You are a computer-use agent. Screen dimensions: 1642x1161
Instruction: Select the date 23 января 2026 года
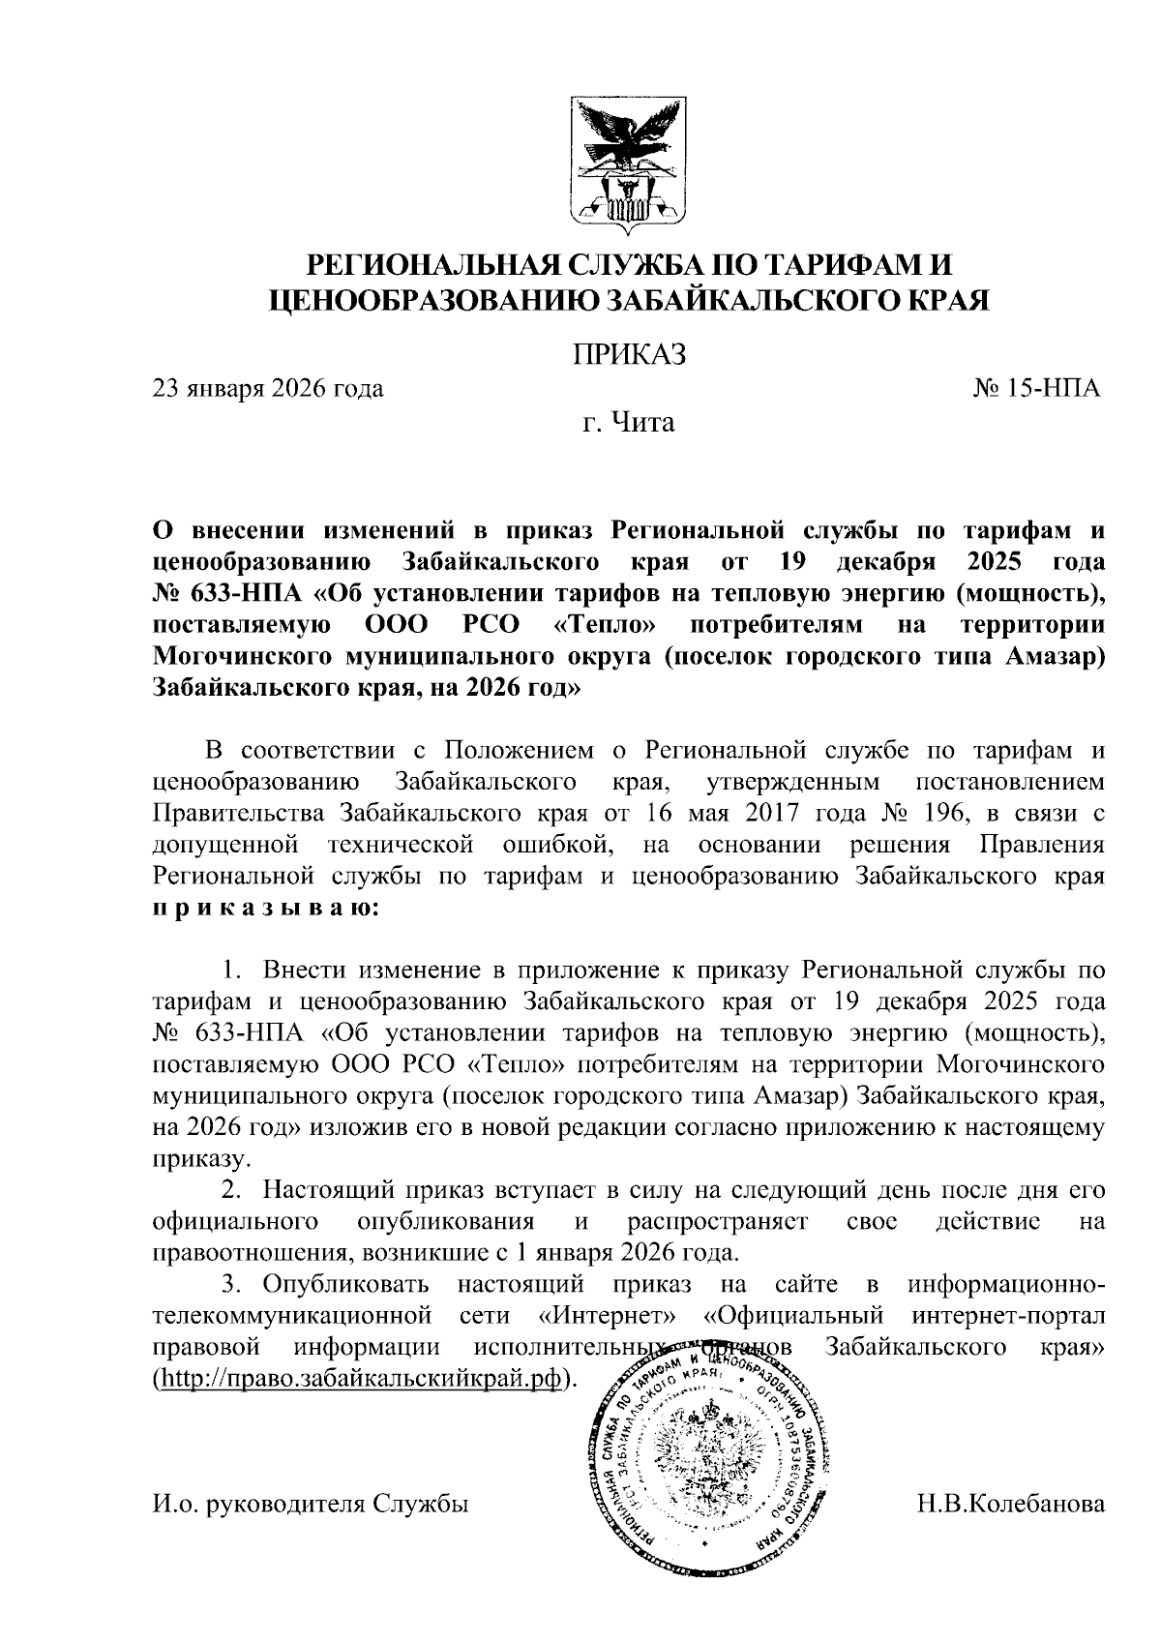coord(268,389)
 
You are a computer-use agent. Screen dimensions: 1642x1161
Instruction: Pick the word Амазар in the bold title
coord(1054,656)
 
